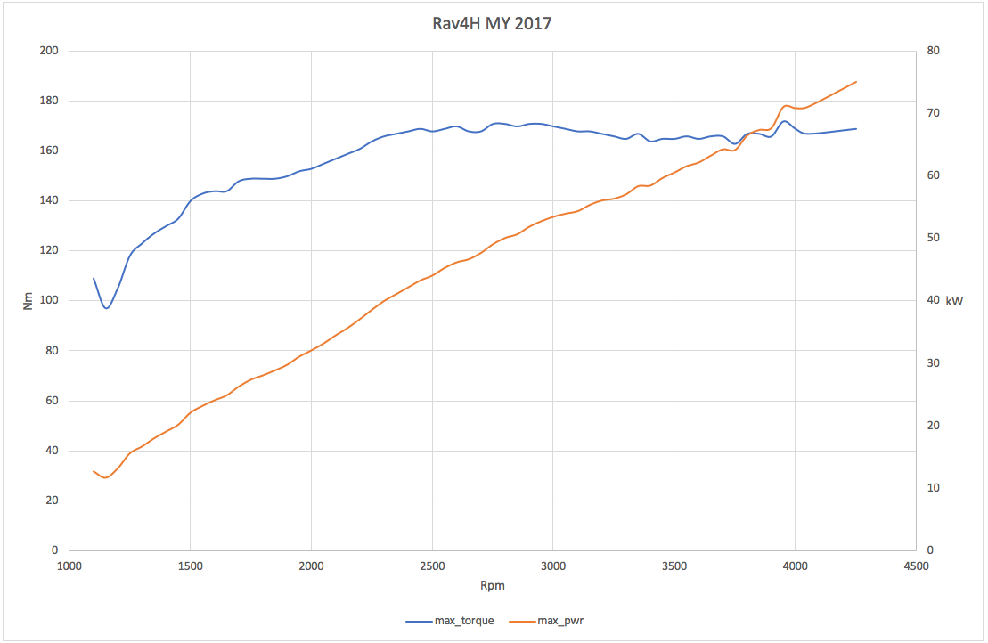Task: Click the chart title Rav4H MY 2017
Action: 492,24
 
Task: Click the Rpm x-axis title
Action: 492,586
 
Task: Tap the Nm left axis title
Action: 28,301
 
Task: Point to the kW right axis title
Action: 954,301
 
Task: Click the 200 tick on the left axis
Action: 49,51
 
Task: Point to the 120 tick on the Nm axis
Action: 49,251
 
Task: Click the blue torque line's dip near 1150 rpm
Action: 107,308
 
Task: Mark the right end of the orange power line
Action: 856,82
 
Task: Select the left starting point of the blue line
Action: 94,279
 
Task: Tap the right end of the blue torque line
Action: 856,129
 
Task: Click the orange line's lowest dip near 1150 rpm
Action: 106,478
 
